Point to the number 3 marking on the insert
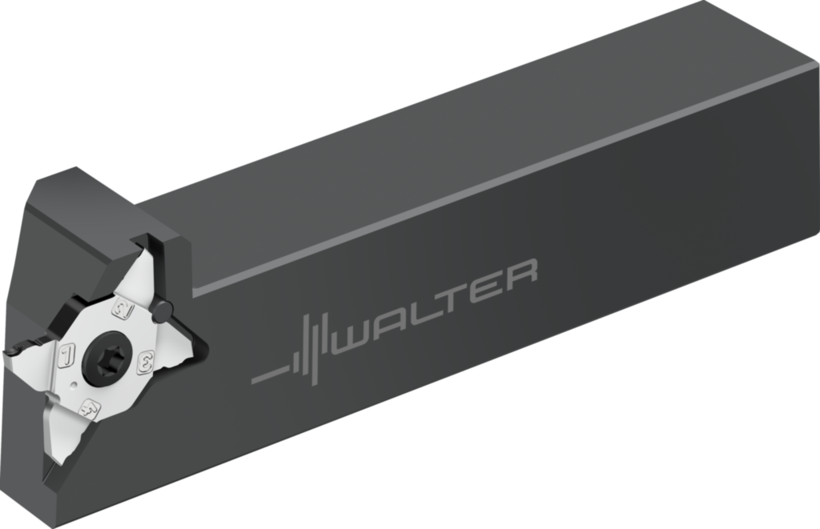(147, 358)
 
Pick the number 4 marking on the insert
(90, 407)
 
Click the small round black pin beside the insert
(163, 310)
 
